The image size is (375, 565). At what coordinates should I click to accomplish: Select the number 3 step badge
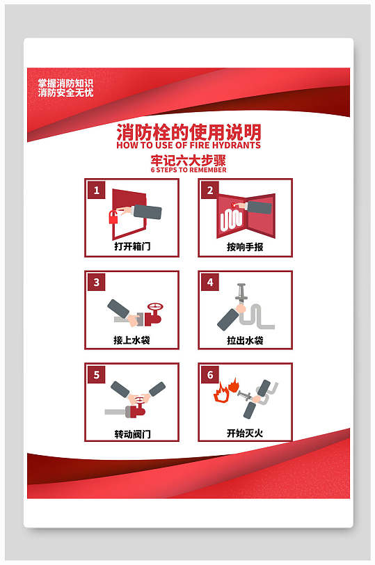pos(97,282)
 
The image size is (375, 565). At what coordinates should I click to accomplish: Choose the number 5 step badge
pos(97,375)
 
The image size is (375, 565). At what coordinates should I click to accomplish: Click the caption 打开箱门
pos(132,247)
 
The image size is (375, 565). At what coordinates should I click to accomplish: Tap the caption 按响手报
pos(245,247)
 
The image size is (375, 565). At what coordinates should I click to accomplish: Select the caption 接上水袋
pos(132,340)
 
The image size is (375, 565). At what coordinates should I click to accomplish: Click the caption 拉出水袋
pos(245,340)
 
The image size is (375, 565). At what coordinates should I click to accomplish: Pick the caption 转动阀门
pos(132,433)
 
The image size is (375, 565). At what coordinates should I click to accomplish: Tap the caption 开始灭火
pos(245,433)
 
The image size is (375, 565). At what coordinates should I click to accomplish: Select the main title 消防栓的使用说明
pos(189,132)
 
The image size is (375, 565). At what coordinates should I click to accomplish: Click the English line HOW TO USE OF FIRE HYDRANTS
pos(189,145)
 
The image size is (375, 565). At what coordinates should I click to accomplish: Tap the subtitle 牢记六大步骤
pos(189,159)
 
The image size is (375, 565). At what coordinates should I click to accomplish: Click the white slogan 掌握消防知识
pos(65,83)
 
